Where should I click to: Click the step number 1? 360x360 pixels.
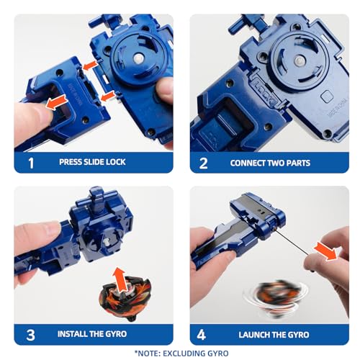[x=31, y=163]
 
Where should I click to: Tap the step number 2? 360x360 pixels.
[x=203, y=163]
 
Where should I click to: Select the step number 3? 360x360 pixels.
[x=30, y=335]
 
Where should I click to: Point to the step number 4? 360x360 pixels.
[x=202, y=335]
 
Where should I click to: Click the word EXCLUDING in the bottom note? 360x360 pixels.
[x=182, y=354]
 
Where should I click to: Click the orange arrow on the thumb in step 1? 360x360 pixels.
[x=56, y=102]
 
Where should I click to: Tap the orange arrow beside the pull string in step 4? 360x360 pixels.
[x=325, y=251]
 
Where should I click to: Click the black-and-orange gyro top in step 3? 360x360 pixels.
[x=125, y=297]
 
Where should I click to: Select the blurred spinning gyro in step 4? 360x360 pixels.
[x=275, y=297]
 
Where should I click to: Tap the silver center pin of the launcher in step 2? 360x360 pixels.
[x=298, y=60]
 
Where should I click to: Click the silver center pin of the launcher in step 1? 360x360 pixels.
[x=138, y=58]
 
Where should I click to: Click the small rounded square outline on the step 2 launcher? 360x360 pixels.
[x=327, y=96]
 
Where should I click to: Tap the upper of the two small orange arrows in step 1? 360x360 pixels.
[x=91, y=66]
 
